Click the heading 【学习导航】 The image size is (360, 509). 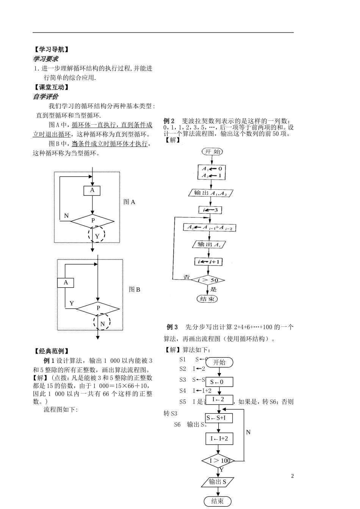coord(51,49)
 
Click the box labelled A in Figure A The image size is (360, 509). coord(92,190)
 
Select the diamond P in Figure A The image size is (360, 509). coord(92,221)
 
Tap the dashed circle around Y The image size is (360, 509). coord(97,235)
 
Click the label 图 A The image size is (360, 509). coord(129,202)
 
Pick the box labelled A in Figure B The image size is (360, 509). coord(66,283)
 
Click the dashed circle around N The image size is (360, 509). coord(102,323)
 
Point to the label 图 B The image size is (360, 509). coord(135,290)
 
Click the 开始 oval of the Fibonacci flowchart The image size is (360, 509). coord(212,151)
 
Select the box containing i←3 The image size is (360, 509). coord(211,210)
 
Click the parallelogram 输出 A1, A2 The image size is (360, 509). coord(210,193)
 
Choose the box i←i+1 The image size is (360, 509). coord(208,262)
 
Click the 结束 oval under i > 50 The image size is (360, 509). coord(207,299)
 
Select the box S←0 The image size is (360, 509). coord(219,382)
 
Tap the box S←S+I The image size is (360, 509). coord(219,418)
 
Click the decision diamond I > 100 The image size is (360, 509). coord(219,461)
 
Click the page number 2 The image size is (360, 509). coord(292,476)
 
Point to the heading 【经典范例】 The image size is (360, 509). coord(51,351)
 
